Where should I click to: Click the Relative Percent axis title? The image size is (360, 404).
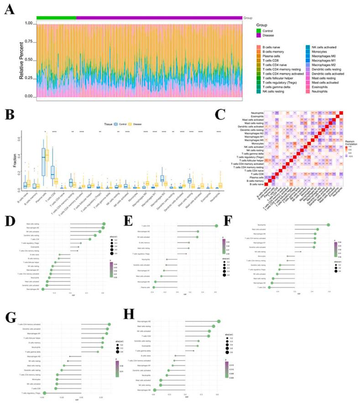coord(22,59)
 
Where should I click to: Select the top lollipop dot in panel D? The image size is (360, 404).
coord(104,224)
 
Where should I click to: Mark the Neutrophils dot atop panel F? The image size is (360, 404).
coord(328,224)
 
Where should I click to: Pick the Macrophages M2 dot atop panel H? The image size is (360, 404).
coord(219,322)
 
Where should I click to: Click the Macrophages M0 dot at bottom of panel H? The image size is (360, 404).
coord(155,390)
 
